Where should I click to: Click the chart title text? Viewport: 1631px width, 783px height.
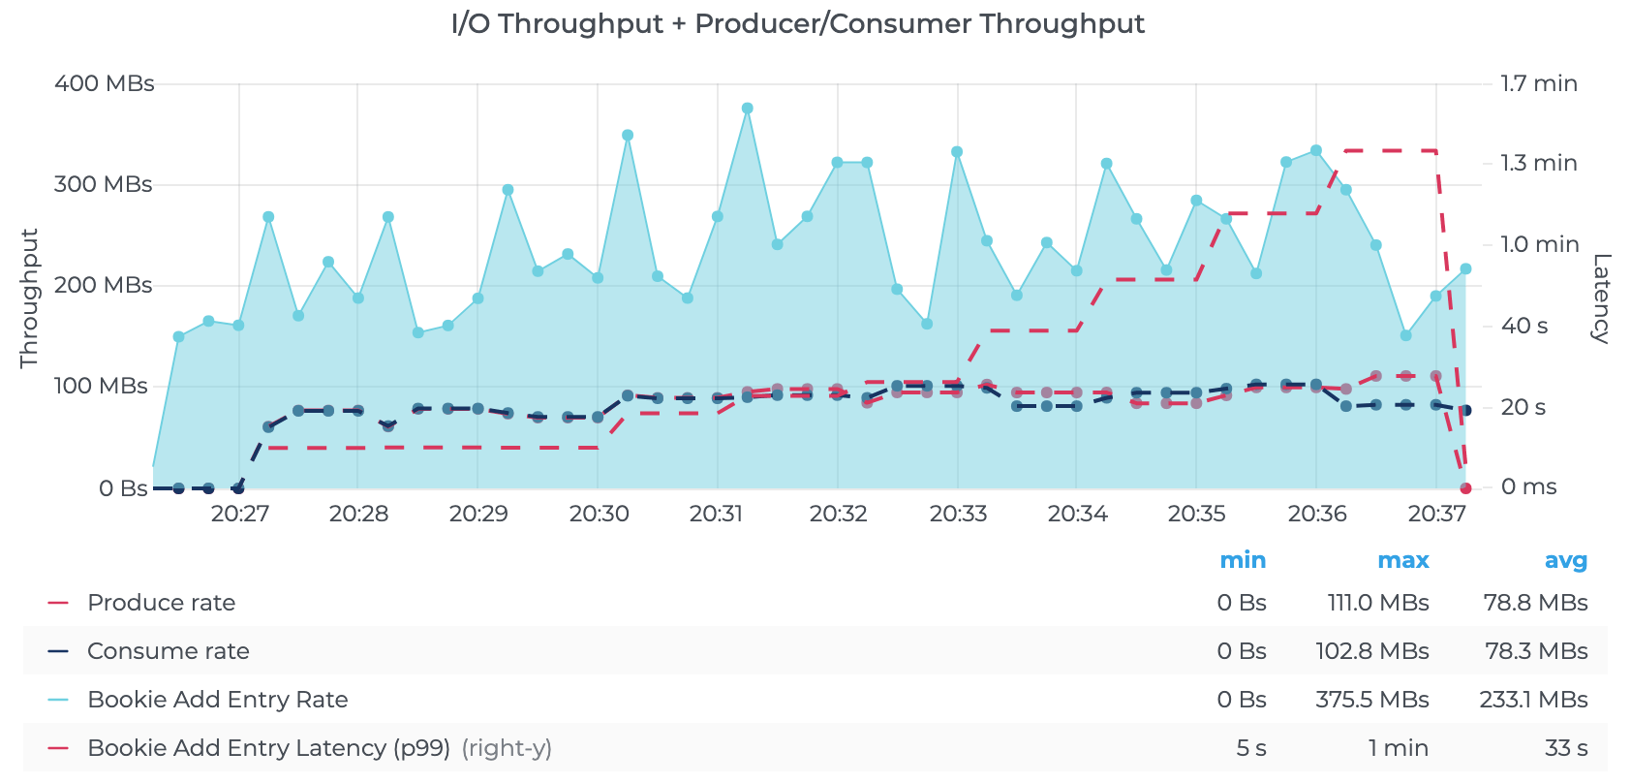(x=798, y=24)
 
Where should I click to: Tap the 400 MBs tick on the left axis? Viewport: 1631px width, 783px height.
(x=104, y=83)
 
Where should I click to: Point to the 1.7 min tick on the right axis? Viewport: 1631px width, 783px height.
(x=1539, y=83)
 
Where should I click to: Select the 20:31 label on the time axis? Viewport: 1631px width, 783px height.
(x=717, y=514)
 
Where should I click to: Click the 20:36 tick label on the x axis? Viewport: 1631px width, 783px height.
(x=1317, y=514)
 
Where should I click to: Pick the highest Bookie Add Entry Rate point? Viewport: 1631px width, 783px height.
(x=747, y=109)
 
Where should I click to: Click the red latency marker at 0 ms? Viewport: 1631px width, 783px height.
(x=1465, y=488)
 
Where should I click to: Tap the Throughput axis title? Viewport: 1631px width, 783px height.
(x=29, y=298)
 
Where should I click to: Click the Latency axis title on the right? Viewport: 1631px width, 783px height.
(x=1600, y=298)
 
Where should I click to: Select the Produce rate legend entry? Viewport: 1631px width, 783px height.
(x=161, y=603)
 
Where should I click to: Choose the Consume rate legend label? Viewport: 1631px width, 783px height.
(x=168, y=651)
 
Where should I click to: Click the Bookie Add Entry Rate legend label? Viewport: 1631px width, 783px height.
(x=217, y=700)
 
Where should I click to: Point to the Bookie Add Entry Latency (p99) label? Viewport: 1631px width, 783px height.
(x=268, y=748)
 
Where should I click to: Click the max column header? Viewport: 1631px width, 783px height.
(x=1402, y=560)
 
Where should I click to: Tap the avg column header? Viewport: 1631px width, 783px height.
(x=1565, y=560)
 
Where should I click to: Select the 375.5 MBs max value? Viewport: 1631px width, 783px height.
(x=1371, y=700)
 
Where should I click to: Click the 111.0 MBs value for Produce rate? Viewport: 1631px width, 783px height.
(x=1377, y=603)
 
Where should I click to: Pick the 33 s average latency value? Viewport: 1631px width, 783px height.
(x=1565, y=748)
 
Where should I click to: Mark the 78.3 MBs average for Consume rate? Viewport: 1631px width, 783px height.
(x=1536, y=651)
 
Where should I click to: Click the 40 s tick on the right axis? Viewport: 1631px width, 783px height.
(x=1523, y=327)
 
